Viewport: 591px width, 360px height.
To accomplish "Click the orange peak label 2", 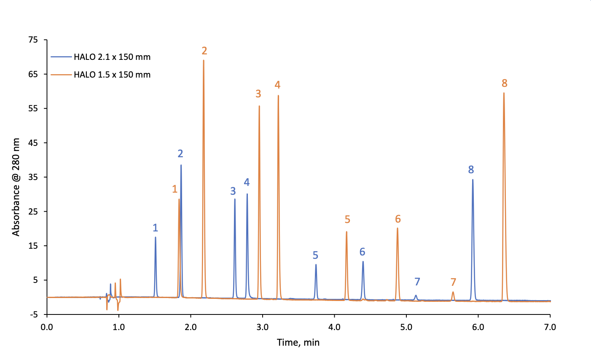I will pyautogui.click(x=204, y=51).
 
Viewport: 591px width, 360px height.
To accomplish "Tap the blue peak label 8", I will pyautogui.click(x=471, y=170).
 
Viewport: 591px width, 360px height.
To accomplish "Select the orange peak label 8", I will pyautogui.click(x=504, y=83).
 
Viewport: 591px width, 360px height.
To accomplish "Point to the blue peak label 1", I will pyautogui.click(x=155, y=228).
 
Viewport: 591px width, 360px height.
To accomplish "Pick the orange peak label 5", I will pyautogui.click(x=347, y=219).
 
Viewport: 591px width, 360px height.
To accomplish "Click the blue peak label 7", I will pyautogui.click(x=417, y=282).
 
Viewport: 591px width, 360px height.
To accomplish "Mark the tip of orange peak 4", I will pyautogui.click(x=278, y=96).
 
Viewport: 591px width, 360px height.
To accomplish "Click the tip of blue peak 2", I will pyautogui.click(x=181, y=165).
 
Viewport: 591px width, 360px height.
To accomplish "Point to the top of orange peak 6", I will pyautogui.click(x=398, y=228).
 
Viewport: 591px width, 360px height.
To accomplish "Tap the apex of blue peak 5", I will pyautogui.click(x=316, y=264).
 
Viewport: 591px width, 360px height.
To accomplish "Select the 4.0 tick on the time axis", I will pyautogui.click(x=334, y=327).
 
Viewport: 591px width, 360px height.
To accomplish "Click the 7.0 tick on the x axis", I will pyautogui.click(x=550, y=327).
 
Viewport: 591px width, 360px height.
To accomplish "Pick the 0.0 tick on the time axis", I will pyautogui.click(x=47, y=327).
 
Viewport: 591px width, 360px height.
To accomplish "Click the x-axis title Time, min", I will pyautogui.click(x=298, y=342).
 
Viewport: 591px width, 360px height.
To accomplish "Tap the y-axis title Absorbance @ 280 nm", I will pyautogui.click(x=16, y=187).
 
